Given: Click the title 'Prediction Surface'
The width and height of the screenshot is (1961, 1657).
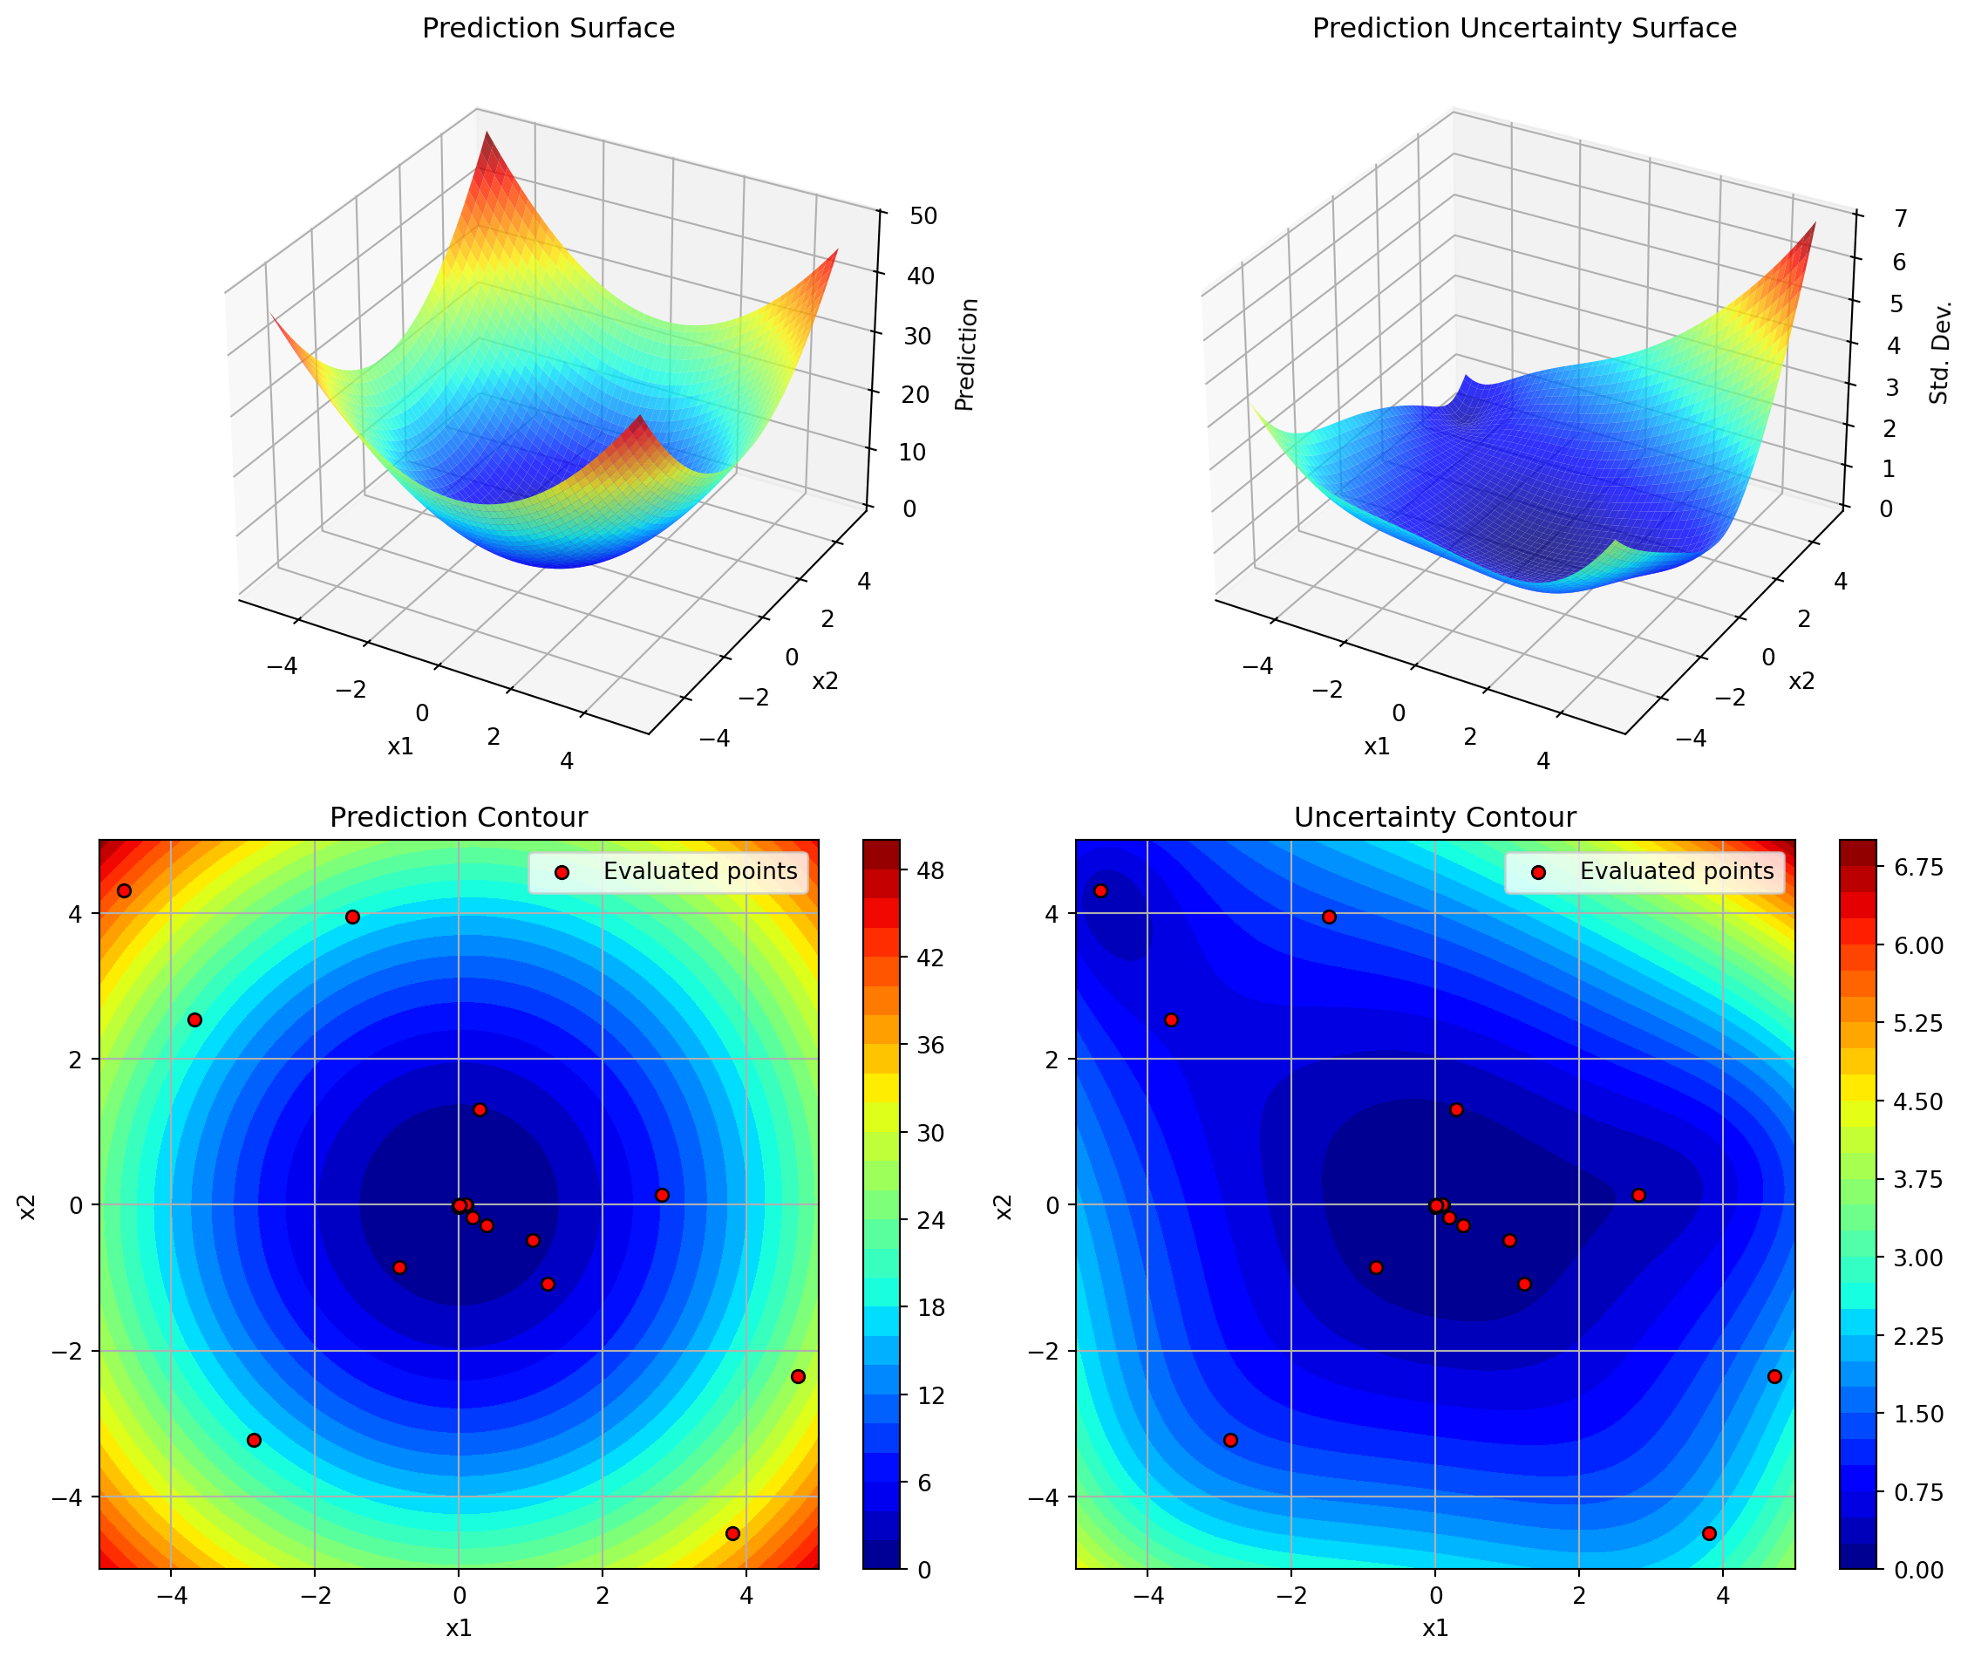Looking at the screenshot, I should click(x=548, y=28).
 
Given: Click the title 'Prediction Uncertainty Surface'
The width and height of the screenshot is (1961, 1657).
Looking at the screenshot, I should click(x=1523, y=28).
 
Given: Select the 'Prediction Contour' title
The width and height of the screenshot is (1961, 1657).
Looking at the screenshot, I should click(x=459, y=817).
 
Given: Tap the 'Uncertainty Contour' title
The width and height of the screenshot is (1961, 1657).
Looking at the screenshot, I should click(x=1434, y=817).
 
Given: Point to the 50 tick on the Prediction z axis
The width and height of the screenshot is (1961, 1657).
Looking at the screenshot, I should click(x=923, y=216).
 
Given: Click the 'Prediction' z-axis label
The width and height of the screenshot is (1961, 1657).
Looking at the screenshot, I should click(x=965, y=354).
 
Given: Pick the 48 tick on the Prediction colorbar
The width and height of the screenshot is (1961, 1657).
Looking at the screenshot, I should click(x=929, y=870).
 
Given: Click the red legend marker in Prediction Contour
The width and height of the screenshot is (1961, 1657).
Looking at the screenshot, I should click(x=562, y=873).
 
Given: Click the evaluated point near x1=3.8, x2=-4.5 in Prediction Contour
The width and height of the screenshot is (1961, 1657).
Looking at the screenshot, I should click(x=732, y=1533).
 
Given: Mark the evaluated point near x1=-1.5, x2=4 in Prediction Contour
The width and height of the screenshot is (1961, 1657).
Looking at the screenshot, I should click(x=352, y=917).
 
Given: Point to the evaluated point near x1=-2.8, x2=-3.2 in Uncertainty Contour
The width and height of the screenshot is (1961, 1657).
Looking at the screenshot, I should click(x=1230, y=1440).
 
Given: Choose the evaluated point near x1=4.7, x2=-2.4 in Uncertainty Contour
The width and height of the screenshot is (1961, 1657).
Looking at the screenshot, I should click(x=1774, y=1376).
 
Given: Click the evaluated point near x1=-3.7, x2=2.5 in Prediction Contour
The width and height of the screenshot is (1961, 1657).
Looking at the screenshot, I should click(x=194, y=1020).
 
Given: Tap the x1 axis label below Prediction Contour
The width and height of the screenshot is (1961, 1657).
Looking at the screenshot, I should click(x=459, y=1628).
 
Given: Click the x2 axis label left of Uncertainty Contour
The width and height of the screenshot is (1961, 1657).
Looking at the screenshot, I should click(x=1004, y=1206).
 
